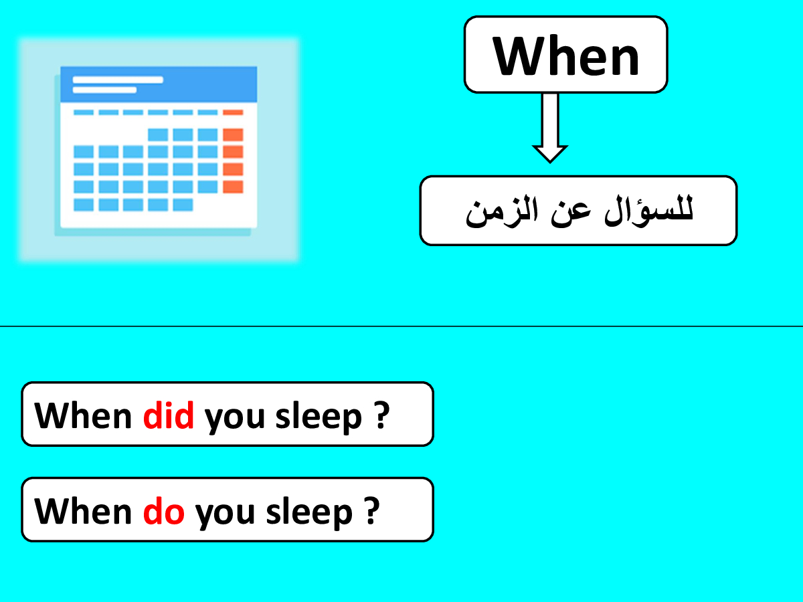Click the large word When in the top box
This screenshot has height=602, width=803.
point(566,56)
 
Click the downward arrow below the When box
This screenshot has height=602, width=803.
point(550,128)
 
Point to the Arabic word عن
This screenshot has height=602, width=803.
point(571,214)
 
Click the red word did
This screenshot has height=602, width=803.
point(168,415)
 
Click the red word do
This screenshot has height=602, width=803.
point(163,510)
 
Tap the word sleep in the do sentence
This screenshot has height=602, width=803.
point(309,513)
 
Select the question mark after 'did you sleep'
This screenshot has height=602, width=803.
point(381,415)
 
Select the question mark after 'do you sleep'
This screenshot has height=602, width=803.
point(372,510)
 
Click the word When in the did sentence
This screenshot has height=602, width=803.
point(83,415)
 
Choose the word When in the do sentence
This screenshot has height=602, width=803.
point(83,510)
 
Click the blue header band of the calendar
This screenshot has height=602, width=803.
point(159,84)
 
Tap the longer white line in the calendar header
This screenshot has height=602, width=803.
point(118,80)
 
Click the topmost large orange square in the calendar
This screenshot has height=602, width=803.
point(233,134)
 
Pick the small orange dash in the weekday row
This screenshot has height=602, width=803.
point(233,112)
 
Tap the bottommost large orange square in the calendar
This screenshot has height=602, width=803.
point(233,187)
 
